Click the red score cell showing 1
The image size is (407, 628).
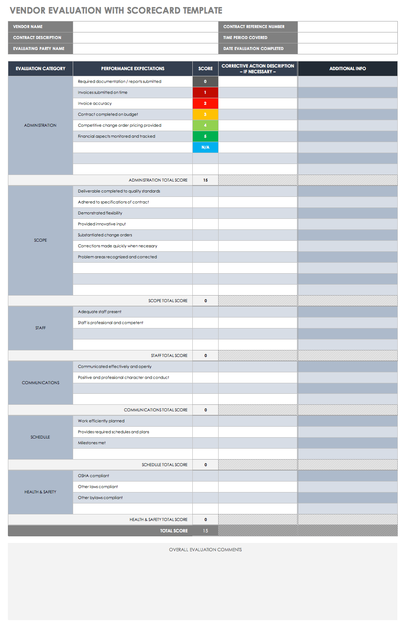click(x=205, y=93)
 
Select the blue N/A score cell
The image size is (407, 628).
click(x=205, y=147)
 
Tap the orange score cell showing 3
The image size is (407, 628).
click(x=205, y=114)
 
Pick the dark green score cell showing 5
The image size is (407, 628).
click(x=205, y=136)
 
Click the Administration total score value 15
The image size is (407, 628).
click(x=205, y=180)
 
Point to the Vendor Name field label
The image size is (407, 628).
click(x=28, y=27)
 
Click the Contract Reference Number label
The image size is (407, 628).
click(x=254, y=27)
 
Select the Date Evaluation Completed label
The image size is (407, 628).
click(x=253, y=49)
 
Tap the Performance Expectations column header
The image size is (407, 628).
click(x=133, y=69)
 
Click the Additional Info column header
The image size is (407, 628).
click(x=347, y=69)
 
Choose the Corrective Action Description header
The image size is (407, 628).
click(x=258, y=69)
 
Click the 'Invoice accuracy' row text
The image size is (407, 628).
click(x=95, y=103)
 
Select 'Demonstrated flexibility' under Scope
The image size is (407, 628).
click(x=100, y=213)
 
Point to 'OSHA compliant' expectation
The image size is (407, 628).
click(x=93, y=476)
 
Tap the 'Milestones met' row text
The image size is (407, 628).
click(x=92, y=443)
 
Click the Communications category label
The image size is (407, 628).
click(x=40, y=383)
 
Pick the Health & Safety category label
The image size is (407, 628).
click(x=40, y=492)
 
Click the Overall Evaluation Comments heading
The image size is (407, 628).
click(x=205, y=549)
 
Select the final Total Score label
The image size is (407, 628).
click(x=173, y=531)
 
